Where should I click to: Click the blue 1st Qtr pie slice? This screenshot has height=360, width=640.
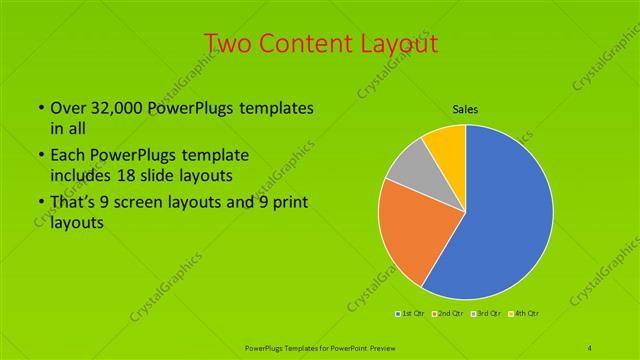click(x=505, y=215)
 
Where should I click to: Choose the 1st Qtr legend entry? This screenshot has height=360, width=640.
click(x=408, y=315)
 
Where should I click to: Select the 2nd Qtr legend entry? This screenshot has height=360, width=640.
click(x=446, y=315)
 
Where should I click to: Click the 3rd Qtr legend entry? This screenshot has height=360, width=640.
click(x=484, y=315)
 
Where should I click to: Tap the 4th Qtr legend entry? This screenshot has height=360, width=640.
click(x=524, y=315)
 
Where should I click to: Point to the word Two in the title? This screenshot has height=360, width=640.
click(x=229, y=43)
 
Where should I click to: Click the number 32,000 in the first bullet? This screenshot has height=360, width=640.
click(x=118, y=108)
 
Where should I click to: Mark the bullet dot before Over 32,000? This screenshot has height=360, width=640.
click(x=39, y=108)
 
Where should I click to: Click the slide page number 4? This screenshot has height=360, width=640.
click(x=590, y=346)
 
